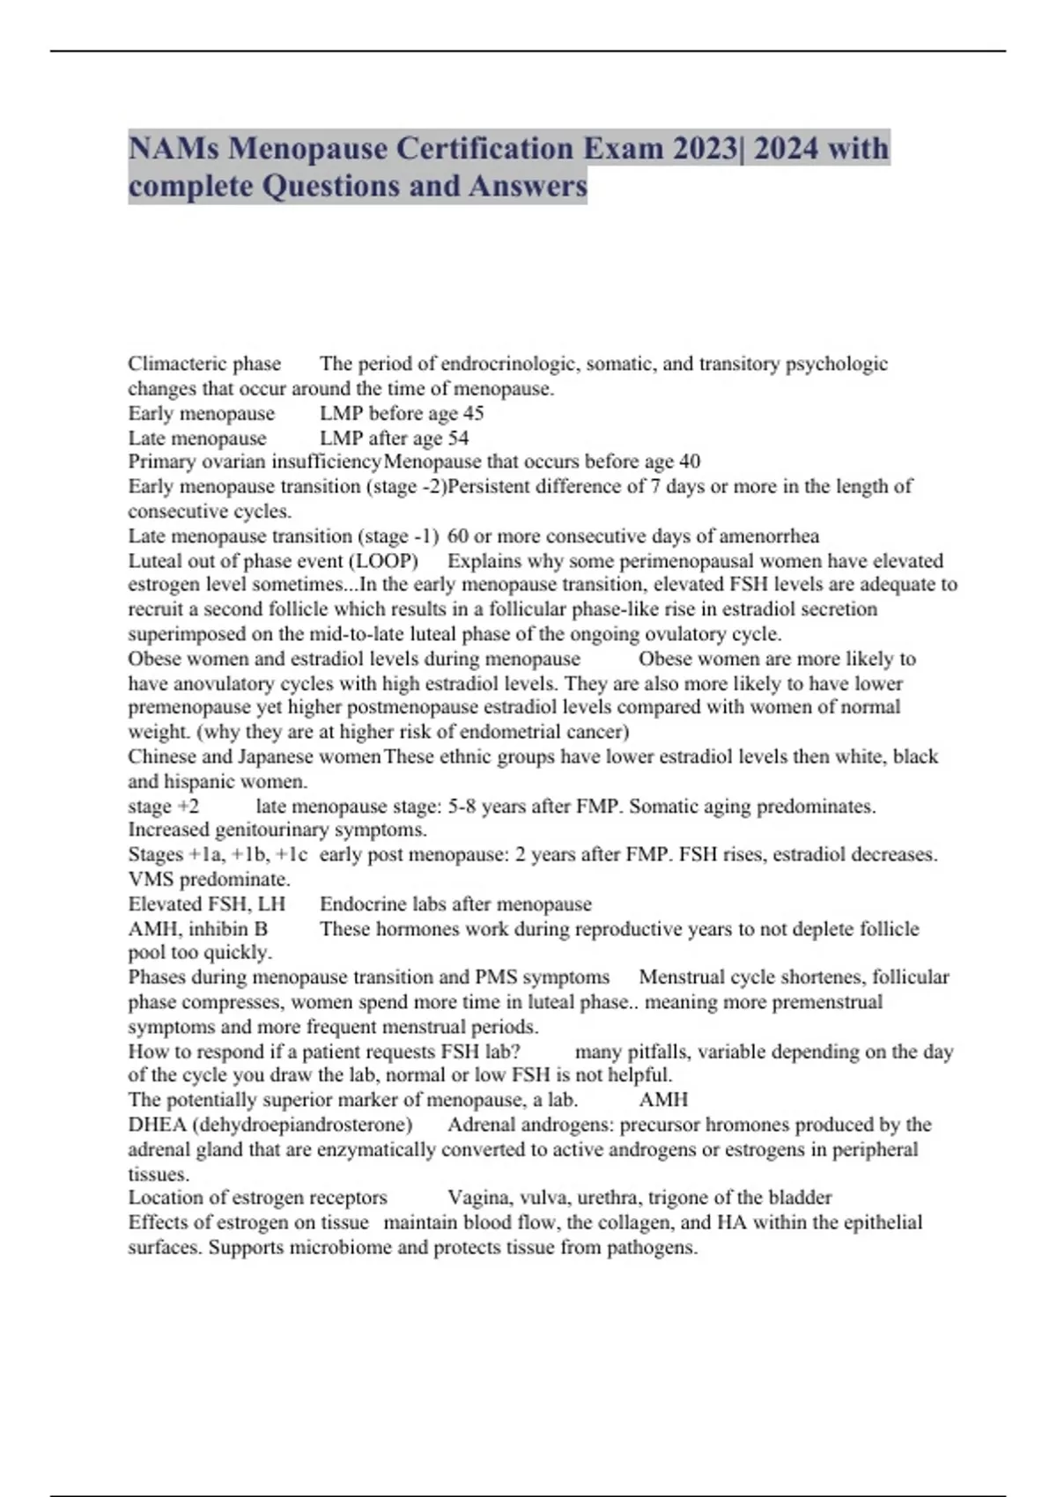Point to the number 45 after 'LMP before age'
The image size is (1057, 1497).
click(473, 413)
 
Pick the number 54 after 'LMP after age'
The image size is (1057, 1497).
click(458, 438)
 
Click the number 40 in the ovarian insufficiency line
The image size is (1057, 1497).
click(690, 461)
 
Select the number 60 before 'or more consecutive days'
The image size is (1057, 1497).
click(458, 536)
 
